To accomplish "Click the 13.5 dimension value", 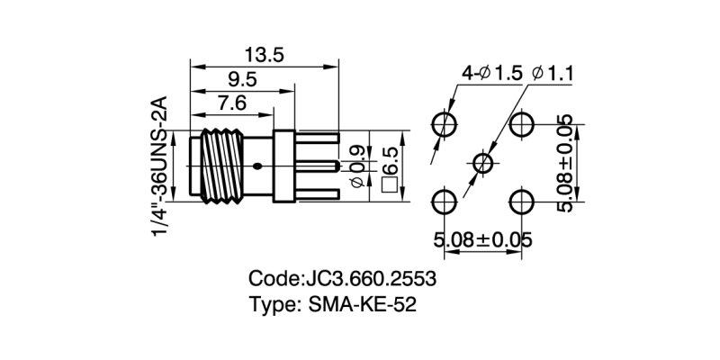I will (264, 55).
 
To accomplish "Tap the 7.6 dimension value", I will (230, 103).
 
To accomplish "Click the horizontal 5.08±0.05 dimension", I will (482, 240).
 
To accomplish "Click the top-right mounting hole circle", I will (521, 122).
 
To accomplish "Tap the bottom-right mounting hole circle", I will (521, 201).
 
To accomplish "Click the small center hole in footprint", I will (483, 162).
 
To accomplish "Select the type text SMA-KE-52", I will (360, 304).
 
